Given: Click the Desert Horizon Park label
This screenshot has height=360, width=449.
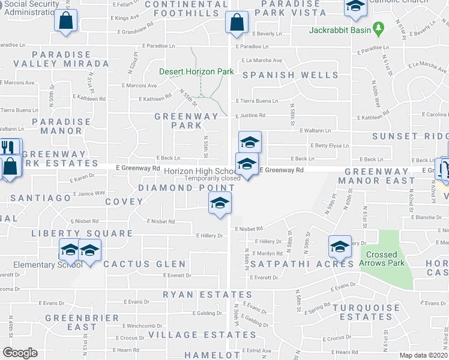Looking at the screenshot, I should pyautogui.click(x=196, y=71).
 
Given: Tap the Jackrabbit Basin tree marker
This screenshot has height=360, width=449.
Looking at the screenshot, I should pyautogui.click(x=378, y=27).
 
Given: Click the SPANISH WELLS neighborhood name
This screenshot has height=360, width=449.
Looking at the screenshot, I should pyautogui.click(x=291, y=75).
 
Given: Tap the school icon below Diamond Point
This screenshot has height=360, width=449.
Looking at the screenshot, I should pyautogui.click(x=220, y=203).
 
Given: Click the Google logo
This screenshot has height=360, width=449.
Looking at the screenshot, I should pyautogui.click(x=20, y=353).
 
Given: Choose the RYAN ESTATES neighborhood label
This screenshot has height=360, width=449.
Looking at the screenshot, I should pyautogui.click(x=208, y=295).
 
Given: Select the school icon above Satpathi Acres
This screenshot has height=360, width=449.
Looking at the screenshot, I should pyautogui.click(x=340, y=245).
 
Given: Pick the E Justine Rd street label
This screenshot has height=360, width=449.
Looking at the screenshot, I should pyautogui.click(x=250, y=116).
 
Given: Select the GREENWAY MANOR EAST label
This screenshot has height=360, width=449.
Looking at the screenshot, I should pyautogui.click(x=379, y=176).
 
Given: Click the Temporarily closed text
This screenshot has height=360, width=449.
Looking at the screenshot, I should pyautogui.click(x=212, y=178).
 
